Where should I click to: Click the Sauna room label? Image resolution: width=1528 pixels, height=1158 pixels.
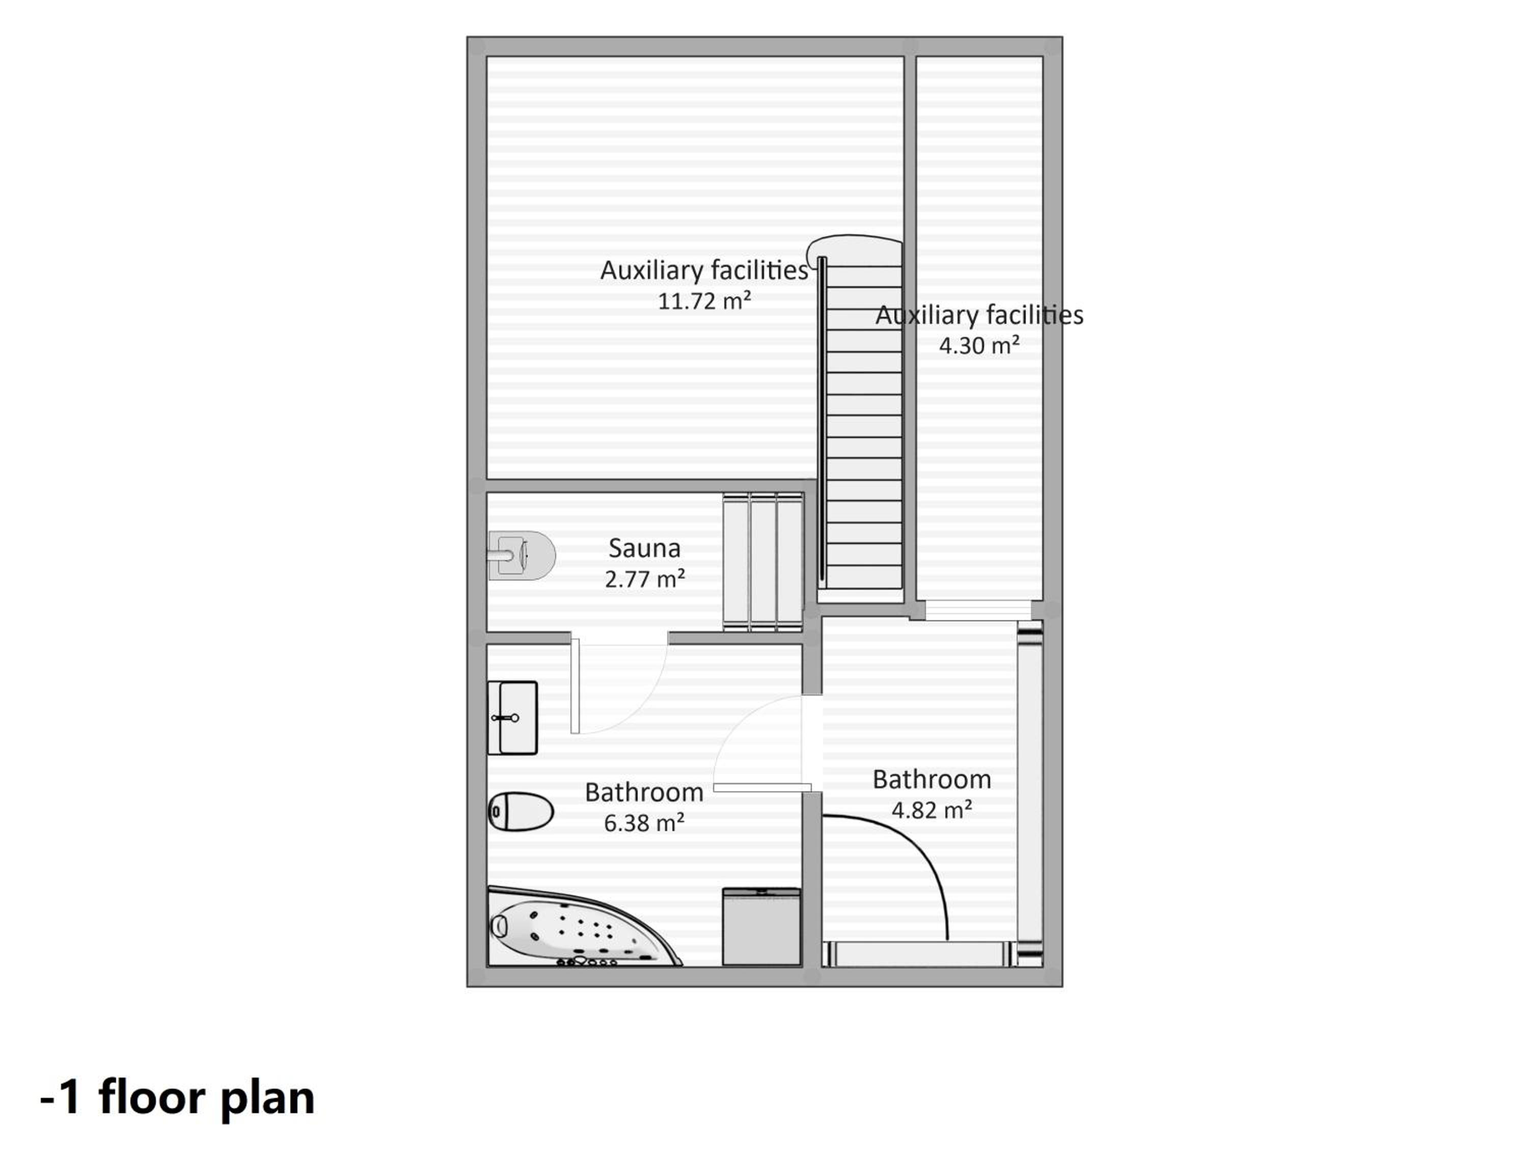[x=644, y=548]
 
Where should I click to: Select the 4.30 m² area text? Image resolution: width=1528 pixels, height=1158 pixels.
[x=979, y=345]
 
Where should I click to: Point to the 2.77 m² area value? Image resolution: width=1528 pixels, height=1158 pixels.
[x=644, y=578]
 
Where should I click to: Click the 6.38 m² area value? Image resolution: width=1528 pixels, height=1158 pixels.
[x=644, y=823]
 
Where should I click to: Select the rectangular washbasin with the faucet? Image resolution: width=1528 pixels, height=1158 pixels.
[x=512, y=718]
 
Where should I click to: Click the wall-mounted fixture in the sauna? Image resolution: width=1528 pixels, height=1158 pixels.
[x=522, y=555]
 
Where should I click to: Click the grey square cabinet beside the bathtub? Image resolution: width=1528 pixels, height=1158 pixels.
[x=761, y=927]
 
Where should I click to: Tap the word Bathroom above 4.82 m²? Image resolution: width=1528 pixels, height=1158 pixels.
[x=932, y=780]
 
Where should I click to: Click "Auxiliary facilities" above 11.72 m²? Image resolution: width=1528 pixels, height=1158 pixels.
[x=704, y=270]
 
